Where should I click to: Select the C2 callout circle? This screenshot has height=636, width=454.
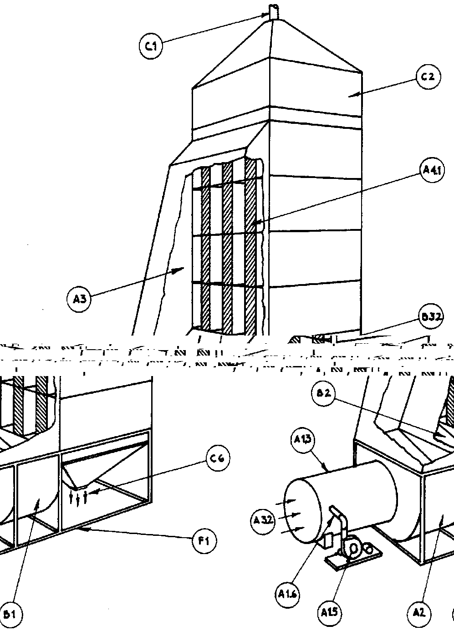click(428, 77)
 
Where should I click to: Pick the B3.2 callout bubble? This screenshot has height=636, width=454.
click(430, 317)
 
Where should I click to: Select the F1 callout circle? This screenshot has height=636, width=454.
click(204, 541)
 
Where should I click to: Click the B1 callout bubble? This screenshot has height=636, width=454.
click(11, 614)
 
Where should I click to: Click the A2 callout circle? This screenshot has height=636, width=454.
click(419, 613)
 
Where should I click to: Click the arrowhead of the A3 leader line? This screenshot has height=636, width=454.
click(181, 269)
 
